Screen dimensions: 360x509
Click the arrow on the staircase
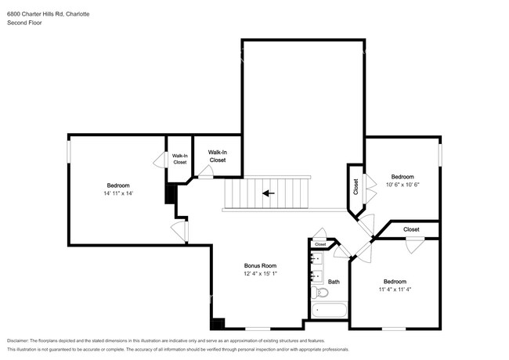[268, 193]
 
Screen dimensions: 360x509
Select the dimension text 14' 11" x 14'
[118, 193]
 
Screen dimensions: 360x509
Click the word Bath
[334, 282]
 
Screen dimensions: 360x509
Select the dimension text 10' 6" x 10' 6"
[403, 185]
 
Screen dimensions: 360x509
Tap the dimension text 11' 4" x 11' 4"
[395, 290]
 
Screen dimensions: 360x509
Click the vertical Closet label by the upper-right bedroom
[355, 186]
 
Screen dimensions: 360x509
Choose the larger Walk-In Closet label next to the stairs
[217, 156]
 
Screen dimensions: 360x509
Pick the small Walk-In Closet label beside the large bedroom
[179, 159]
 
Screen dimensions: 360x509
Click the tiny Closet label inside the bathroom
[320, 244]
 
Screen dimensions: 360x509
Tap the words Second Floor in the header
[24, 23]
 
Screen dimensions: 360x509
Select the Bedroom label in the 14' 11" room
[118, 185]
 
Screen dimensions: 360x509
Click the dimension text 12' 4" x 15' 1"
[260, 274]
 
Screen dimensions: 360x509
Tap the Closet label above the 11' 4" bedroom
[411, 229]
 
